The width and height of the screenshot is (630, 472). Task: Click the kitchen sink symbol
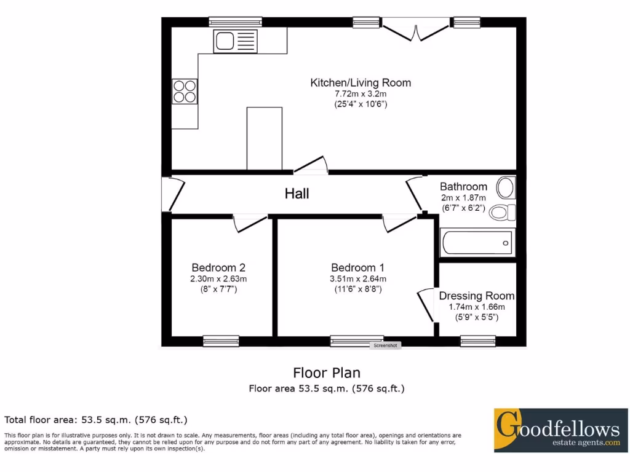pyautogui.click(x=235, y=41)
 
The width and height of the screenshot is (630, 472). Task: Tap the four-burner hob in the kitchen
pyautogui.click(x=185, y=91)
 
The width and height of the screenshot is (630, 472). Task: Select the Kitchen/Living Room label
pyautogui.click(x=361, y=82)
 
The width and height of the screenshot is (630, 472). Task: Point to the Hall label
pyautogui.click(x=297, y=194)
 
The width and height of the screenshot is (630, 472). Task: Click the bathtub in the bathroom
pyautogui.click(x=477, y=243)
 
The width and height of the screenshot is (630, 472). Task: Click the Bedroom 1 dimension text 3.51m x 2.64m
pyautogui.click(x=357, y=279)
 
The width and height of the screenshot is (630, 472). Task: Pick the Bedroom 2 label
pyautogui.click(x=218, y=267)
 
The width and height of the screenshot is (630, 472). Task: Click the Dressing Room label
pyautogui.click(x=477, y=296)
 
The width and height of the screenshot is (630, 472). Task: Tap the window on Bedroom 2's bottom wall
pyautogui.click(x=221, y=341)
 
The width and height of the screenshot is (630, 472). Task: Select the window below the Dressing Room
pyautogui.click(x=478, y=341)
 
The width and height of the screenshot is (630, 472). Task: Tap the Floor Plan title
pyautogui.click(x=326, y=372)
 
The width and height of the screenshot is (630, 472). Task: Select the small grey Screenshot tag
pyautogui.click(x=386, y=345)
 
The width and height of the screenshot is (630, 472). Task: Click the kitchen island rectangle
pyautogui.click(x=265, y=138)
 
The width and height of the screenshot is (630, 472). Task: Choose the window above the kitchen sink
pyautogui.click(x=235, y=22)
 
